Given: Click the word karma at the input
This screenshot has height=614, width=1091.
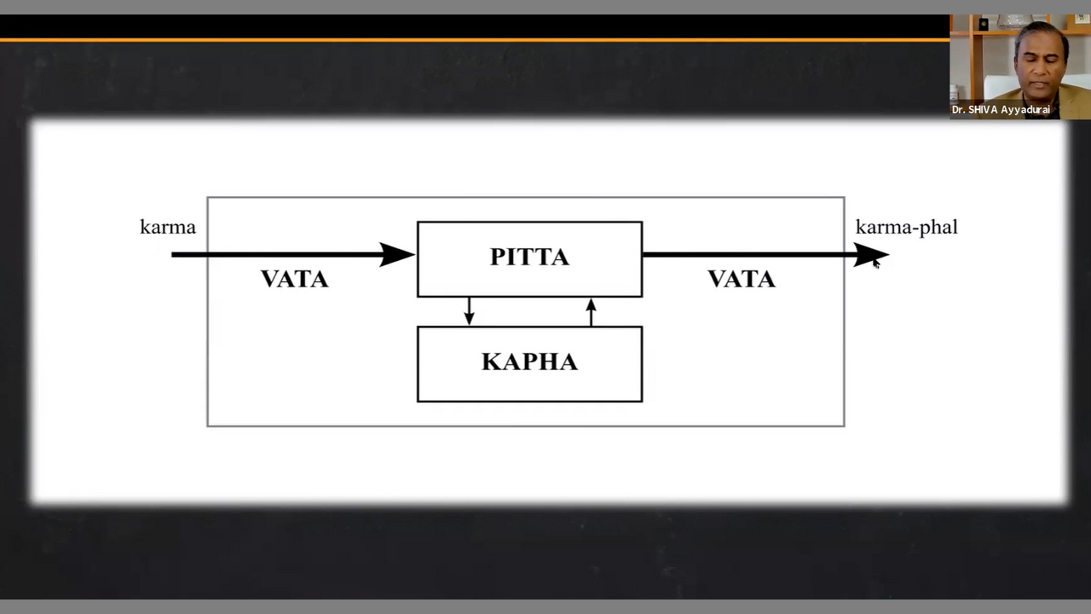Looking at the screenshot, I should pos(168,228).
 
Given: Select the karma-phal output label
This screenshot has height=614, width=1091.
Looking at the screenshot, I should pos(906,228).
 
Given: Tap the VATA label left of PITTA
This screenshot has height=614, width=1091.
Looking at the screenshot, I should pos(294,280).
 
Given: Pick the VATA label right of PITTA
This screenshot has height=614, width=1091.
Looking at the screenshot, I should pos(742,280).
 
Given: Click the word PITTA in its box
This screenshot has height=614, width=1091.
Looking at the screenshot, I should pos(529,258).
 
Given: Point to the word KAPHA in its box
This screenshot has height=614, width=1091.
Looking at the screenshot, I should pos(529,362).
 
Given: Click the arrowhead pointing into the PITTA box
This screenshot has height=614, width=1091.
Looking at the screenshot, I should pos(396,254).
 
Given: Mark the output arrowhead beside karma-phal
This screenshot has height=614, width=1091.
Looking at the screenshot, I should pos(869,254).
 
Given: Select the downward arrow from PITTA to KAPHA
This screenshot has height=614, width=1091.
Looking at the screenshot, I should pos(469,312).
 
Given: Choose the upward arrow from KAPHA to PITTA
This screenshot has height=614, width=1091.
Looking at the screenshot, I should pos(592,310).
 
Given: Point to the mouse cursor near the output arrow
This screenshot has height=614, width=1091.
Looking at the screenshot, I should pos(875,264).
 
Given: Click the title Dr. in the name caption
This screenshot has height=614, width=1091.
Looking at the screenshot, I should pos(959,110).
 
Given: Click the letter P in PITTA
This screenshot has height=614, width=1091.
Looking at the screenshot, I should pos(498,258).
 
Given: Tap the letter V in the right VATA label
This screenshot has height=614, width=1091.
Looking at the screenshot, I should pos(717,280).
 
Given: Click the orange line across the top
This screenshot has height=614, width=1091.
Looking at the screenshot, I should pos(469,39).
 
